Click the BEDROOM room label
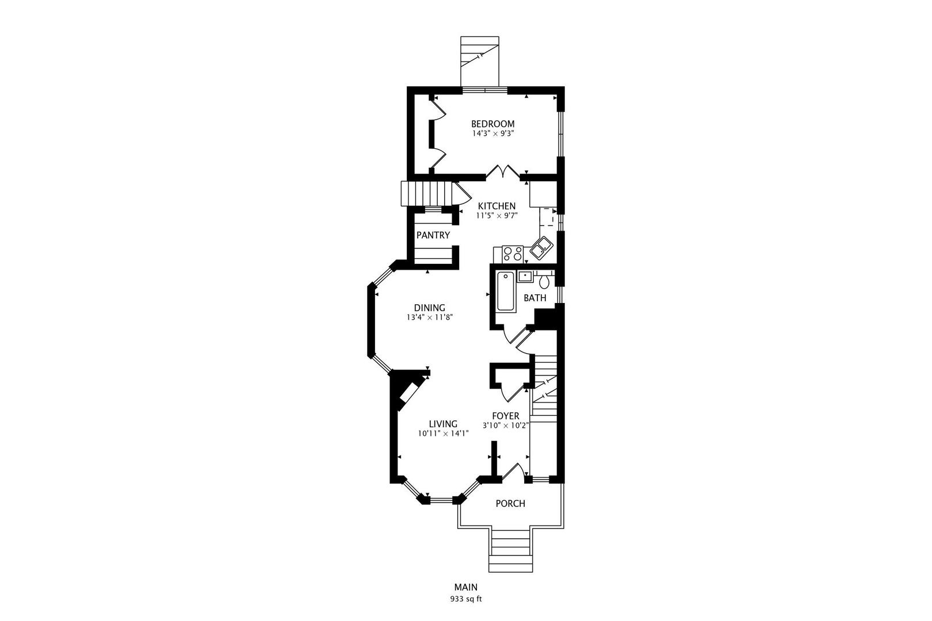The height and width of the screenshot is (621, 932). [492, 124]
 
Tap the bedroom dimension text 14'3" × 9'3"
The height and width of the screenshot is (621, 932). [492, 133]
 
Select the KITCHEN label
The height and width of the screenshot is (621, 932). [496, 206]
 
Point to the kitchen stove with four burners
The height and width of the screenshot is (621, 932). [512, 252]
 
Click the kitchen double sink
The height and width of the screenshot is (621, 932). [541, 249]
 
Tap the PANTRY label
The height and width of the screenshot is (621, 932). [433, 235]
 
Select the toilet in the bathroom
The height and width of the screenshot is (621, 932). [544, 282]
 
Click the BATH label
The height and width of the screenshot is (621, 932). [534, 298]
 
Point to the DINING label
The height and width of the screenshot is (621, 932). [429, 308]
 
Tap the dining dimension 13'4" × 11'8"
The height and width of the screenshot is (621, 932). [429, 317]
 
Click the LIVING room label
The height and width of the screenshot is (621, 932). [443, 424]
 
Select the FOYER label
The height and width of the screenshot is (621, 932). [505, 416]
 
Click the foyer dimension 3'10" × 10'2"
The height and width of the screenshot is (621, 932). [505, 425]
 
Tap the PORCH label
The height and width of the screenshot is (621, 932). [510, 504]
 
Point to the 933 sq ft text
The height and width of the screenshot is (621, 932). [465, 599]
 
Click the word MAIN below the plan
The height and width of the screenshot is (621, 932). [465, 588]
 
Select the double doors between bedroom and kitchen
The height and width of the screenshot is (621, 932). [502, 172]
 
